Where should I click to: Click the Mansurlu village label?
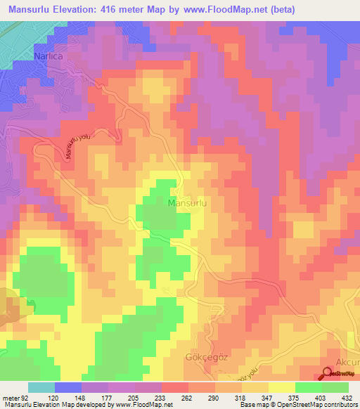[188, 203]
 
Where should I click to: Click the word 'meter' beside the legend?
[10, 398]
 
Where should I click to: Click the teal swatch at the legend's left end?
[41, 387]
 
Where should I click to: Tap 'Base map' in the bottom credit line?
[251, 405]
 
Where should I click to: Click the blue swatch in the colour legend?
[68, 387]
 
